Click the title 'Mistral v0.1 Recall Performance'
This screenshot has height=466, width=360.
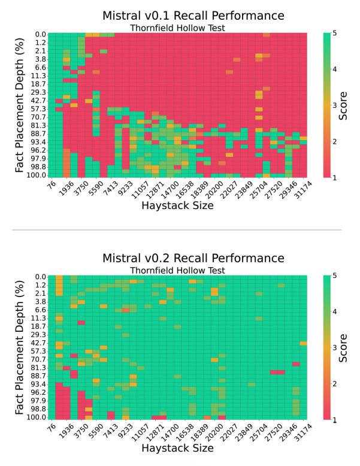[x=184, y=15]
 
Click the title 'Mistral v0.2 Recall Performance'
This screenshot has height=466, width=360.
[x=184, y=258]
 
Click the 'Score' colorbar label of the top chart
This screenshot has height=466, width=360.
[x=343, y=105]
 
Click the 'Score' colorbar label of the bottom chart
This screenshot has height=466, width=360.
[x=343, y=348]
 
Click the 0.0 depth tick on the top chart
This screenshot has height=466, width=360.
[x=40, y=35]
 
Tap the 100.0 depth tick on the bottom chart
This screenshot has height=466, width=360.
[x=38, y=417]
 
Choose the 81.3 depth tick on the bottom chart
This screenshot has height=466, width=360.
[x=39, y=367]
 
